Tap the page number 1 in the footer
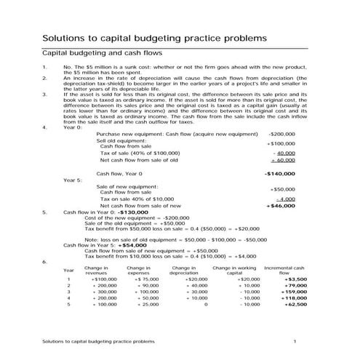click(295, 340)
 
